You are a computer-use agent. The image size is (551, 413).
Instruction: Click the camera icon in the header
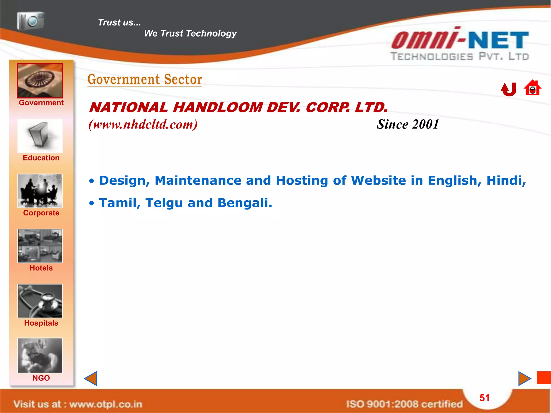click(x=30, y=21)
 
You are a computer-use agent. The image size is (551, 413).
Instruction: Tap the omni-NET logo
click(x=460, y=45)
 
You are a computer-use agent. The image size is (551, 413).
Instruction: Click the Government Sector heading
click(x=145, y=80)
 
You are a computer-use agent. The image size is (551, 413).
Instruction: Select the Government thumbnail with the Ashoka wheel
click(x=40, y=81)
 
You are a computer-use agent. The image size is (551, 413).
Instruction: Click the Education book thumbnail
click(x=40, y=136)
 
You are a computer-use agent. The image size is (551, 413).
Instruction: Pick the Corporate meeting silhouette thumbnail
click(x=40, y=191)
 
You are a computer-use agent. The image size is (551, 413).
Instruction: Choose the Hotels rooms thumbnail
click(x=40, y=246)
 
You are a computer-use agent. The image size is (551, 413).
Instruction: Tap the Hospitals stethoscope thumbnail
click(x=40, y=301)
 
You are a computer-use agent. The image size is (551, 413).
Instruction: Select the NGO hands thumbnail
click(x=40, y=355)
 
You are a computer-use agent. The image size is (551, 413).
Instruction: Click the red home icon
click(x=532, y=88)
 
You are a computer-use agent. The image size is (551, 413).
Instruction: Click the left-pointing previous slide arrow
click(x=91, y=379)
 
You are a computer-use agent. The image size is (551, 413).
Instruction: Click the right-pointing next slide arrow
click(x=524, y=379)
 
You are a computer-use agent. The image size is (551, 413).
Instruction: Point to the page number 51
click(x=485, y=398)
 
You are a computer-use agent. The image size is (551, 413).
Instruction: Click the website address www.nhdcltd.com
click(x=143, y=124)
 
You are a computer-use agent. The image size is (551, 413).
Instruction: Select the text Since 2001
click(x=408, y=124)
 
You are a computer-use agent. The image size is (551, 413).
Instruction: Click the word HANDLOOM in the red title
click(x=218, y=108)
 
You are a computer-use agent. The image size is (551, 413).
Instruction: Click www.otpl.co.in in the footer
click(x=106, y=404)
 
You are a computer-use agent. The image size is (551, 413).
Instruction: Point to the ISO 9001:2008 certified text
click(x=404, y=404)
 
